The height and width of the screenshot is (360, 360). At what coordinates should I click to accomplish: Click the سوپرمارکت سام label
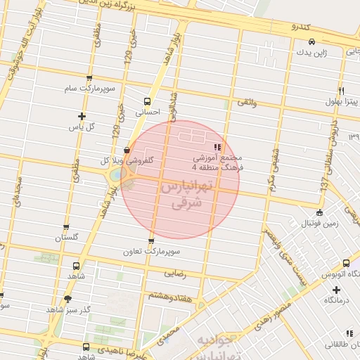[x=89, y=89]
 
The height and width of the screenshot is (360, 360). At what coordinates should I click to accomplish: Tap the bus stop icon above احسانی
[x=147, y=101]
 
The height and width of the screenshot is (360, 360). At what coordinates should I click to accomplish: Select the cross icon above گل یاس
[x=82, y=116]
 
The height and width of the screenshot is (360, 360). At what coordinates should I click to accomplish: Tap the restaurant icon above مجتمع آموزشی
[x=217, y=148]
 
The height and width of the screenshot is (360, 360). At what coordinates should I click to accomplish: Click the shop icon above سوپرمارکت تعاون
[x=150, y=241]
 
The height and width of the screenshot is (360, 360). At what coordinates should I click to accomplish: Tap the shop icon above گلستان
[x=66, y=228]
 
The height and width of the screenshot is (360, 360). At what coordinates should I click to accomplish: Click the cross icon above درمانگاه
[x=336, y=290]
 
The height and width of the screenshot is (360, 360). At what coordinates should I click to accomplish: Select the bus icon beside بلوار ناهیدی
[x=86, y=347]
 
